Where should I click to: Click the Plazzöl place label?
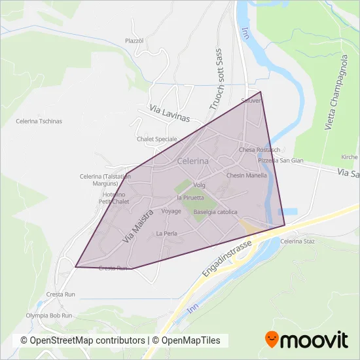[x=134, y=41]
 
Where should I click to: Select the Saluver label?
[x=251, y=101]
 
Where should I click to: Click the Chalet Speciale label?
[x=157, y=139]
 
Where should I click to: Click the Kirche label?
[x=350, y=157]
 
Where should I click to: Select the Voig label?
[x=200, y=185]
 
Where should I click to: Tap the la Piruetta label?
[x=190, y=197]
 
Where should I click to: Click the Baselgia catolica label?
[x=215, y=211]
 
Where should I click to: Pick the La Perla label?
[x=167, y=234]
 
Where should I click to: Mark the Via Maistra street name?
[x=138, y=226]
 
